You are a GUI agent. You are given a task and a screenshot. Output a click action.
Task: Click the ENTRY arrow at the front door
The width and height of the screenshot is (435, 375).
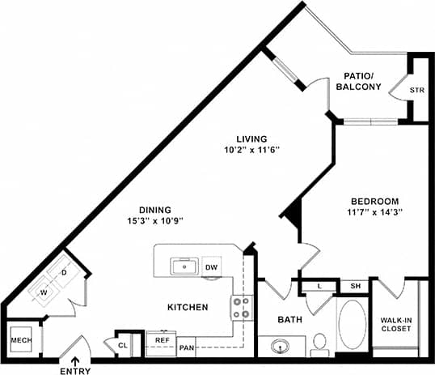point(74,361)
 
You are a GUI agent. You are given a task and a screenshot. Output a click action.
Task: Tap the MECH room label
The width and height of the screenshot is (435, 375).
point(21,340)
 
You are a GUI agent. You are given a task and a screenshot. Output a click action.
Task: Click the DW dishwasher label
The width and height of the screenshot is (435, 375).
point(211,267)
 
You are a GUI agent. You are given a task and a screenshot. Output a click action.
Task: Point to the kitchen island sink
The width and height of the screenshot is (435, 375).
point(184,265)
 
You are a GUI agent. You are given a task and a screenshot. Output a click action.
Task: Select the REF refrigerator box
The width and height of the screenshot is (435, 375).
point(162,341)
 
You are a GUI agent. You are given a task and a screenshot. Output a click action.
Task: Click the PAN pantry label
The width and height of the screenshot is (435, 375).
point(186,347)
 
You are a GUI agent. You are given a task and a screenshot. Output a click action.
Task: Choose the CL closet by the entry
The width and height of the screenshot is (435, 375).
point(123,345)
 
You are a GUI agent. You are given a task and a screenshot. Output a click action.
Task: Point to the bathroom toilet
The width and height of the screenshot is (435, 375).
point(319,344)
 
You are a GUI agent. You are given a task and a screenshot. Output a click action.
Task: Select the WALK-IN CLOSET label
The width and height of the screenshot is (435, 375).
point(396,325)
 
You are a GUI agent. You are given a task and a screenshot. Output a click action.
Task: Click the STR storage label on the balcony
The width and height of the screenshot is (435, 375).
point(416,90)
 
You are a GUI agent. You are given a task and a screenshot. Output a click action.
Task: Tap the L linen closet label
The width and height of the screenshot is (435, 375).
point(320,285)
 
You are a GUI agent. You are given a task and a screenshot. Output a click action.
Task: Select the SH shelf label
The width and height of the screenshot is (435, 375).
point(355,285)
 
